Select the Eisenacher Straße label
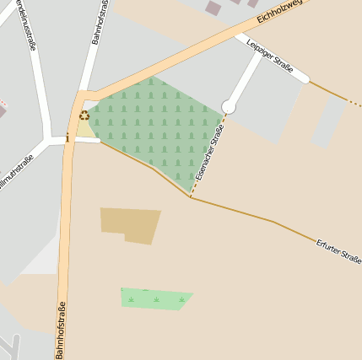click(208, 152)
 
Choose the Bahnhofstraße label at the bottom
click(61, 323)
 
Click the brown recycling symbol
click(84, 116)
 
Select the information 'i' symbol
click(68, 137)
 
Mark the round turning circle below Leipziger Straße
click(228, 106)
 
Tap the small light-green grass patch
click(155, 298)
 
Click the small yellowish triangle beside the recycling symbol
click(85, 129)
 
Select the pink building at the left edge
click(2, 110)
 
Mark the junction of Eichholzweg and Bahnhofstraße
click(82, 95)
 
